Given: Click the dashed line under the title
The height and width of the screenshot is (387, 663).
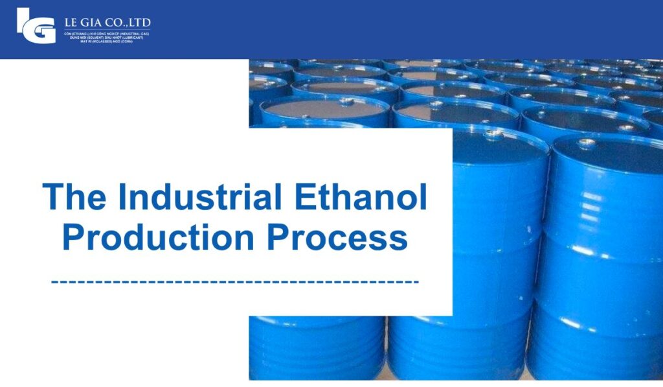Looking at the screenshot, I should click(234, 282).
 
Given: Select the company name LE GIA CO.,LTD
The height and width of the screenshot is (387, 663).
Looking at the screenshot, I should click(107, 22).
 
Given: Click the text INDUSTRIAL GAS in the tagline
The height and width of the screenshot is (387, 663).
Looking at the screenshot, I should click(135, 33).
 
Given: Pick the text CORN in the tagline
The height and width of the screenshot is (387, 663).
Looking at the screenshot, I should click(128, 41).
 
